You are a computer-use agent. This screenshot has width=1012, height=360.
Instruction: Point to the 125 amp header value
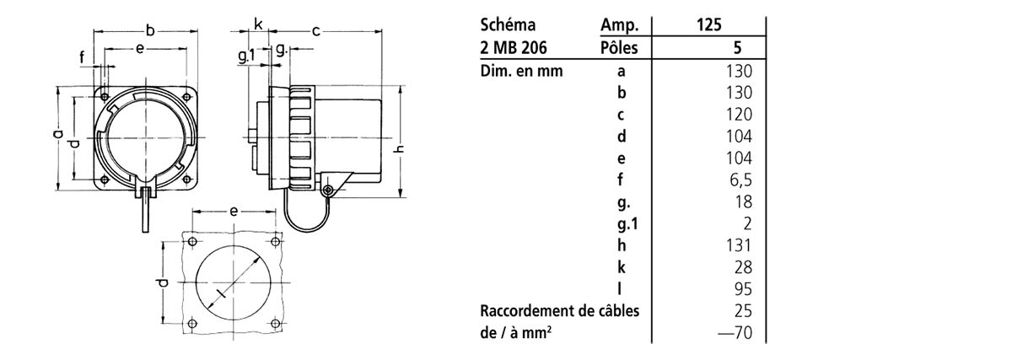[x=708, y=25]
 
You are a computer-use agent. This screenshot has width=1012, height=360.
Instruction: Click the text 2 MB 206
[x=513, y=48]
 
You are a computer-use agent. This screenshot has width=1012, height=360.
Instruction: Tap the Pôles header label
[x=619, y=48]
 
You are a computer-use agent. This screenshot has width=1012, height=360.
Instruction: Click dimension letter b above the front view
[x=150, y=31]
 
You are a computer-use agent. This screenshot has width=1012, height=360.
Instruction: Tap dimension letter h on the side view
[x=400, y=150]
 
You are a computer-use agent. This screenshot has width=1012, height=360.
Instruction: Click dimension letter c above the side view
[x=315, y=31]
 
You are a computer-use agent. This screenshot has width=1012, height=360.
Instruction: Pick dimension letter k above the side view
[x=257, y=24]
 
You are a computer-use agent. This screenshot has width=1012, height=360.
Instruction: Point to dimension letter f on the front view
[x=83, y=57]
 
